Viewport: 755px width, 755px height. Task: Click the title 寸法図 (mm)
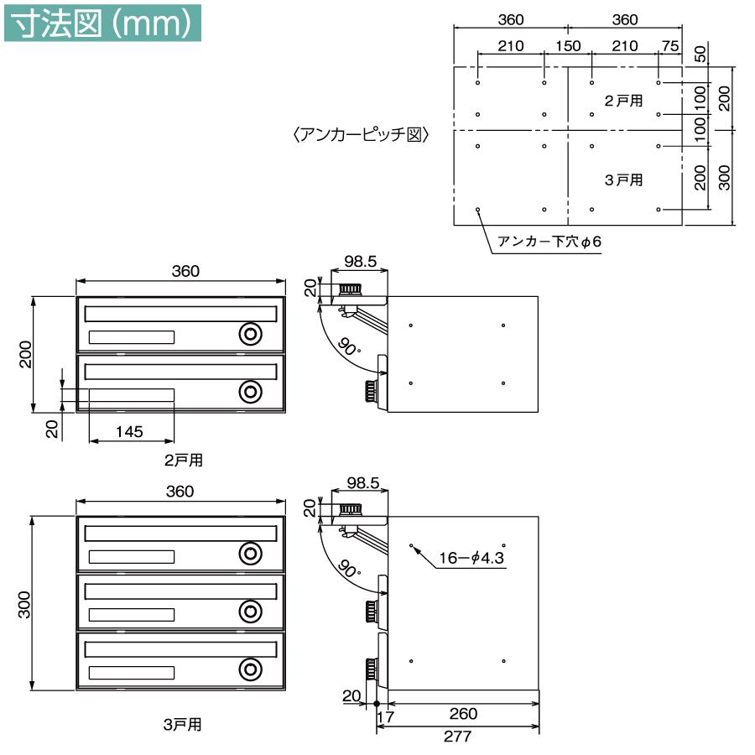click(102, 23)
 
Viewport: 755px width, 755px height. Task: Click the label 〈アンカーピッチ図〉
click(361, 134)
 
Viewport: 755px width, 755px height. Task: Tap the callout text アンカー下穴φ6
click(550, 242)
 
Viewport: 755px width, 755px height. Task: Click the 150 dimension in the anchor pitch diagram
click(568, 45)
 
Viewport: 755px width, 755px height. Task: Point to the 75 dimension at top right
click(669, 45)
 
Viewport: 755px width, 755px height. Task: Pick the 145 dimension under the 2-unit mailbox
click(130, 431)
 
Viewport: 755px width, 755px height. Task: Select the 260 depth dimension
click(462, 714)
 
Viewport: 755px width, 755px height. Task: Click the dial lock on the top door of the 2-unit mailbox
click(249, 334)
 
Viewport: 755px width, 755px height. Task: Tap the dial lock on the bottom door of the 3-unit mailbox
click(249, 669)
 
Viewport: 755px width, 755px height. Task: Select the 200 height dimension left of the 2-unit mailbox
click(25, 353)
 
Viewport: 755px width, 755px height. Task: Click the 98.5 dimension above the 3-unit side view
click(362, 483)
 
